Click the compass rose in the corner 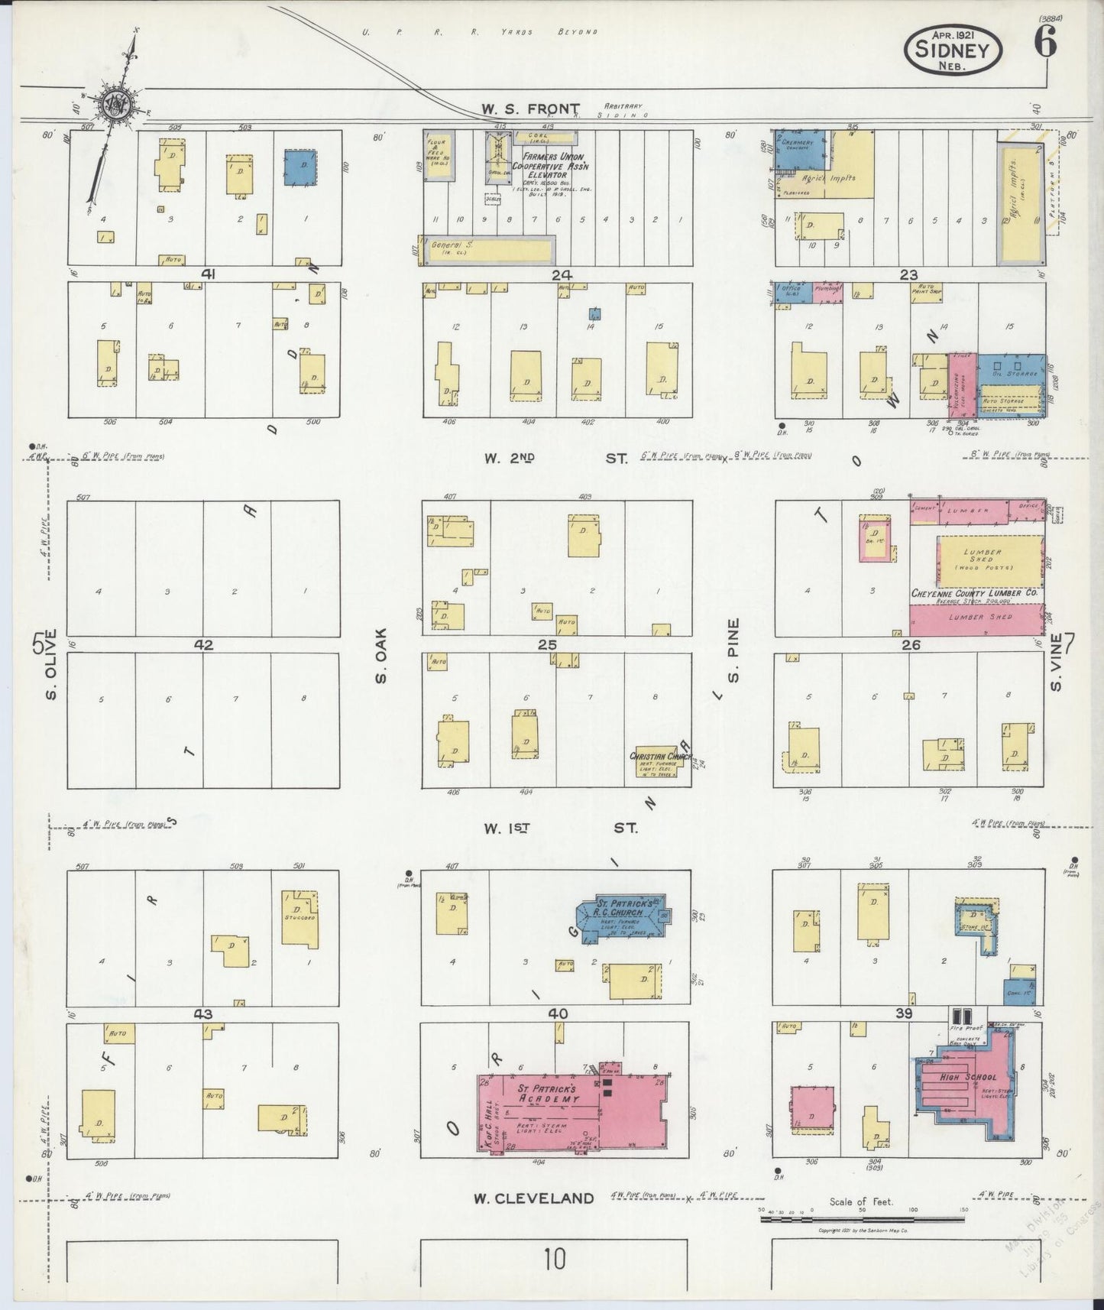(117, 102)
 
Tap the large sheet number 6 (1046, 44)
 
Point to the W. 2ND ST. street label (556, 459)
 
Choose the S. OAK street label (381, 656)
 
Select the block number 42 (203, 644)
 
